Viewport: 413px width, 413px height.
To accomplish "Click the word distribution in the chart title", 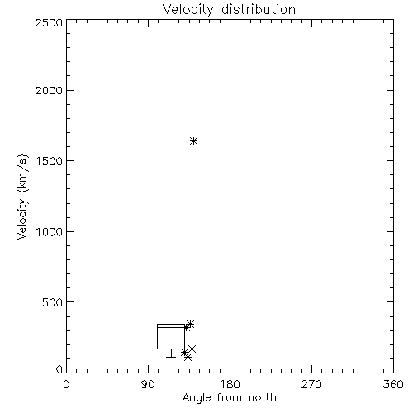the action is click(259, 9).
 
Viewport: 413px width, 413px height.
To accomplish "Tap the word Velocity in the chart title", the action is click(188, 9).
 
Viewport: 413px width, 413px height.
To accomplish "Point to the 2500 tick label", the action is click(49, 22).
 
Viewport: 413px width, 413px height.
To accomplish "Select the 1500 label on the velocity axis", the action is click(49, 161).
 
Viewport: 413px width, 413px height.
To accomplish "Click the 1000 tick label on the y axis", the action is click(49, 232).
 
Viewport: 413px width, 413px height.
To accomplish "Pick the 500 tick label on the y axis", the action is click(53, 302).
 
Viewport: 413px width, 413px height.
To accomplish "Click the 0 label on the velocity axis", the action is click(59, 369).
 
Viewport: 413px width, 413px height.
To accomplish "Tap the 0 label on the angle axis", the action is click(66, 384).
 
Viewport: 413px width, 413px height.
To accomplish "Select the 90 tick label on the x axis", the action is click(148, 384).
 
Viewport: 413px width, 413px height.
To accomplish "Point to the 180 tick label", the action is click(230, 384).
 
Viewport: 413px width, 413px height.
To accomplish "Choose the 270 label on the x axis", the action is click(311, 384).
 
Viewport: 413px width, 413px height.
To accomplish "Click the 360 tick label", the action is click(393, 384).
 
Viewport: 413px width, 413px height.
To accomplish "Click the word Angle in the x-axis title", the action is click(197, 398).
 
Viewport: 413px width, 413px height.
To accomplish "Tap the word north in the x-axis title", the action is click(263, 398).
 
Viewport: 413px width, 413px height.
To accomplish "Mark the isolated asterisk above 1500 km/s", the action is click(193, 141).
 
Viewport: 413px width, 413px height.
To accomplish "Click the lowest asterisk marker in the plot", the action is click(188, 358).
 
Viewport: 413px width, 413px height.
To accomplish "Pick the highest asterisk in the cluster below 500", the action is click(190, 325).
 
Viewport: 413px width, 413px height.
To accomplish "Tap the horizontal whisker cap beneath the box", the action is click(171, 357).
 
